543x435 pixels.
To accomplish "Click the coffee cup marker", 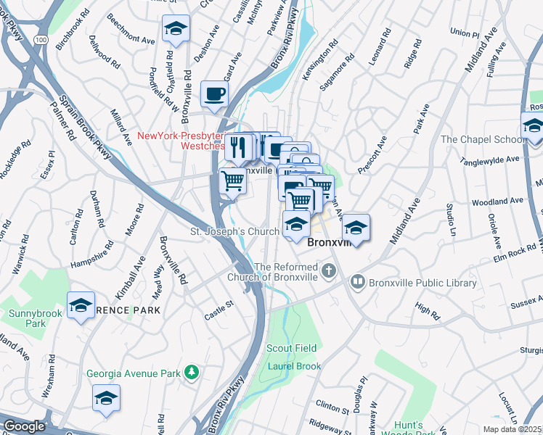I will [214, 94].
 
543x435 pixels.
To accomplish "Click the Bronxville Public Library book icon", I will [357, 281].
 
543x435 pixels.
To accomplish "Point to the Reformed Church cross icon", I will [329, 272].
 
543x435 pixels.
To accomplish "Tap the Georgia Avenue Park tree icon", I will [192, 373].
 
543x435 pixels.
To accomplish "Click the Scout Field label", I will [292, 348].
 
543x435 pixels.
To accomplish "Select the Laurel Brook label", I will [293, 366].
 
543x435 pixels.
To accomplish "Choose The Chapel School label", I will [483, 139].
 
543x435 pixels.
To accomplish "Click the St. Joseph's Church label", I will [234, 231].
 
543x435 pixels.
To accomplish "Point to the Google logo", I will [23, 426].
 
